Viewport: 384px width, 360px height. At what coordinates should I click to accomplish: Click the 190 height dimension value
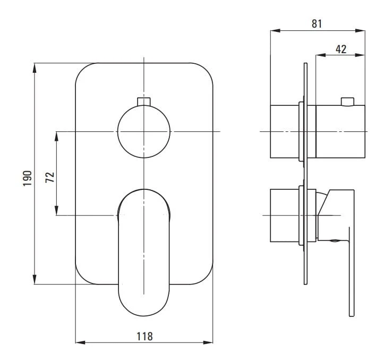[x=28, y=178]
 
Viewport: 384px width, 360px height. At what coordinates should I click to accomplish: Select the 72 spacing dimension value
[x=50, y=177]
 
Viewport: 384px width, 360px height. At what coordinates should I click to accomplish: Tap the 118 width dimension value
[x=144, y=337]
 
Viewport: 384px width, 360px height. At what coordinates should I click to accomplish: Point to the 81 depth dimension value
[x=317, y=24]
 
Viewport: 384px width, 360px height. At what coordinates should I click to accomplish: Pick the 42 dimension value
[x=341, y=49]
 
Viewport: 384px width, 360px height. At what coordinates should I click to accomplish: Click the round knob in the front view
[x=144, y=131]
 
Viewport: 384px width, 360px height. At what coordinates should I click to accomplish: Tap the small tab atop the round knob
[x=144, y=102]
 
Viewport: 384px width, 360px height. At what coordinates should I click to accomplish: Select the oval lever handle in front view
[x=144, y=253]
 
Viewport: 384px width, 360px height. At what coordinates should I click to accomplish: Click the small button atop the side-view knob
[x=347, y=102]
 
